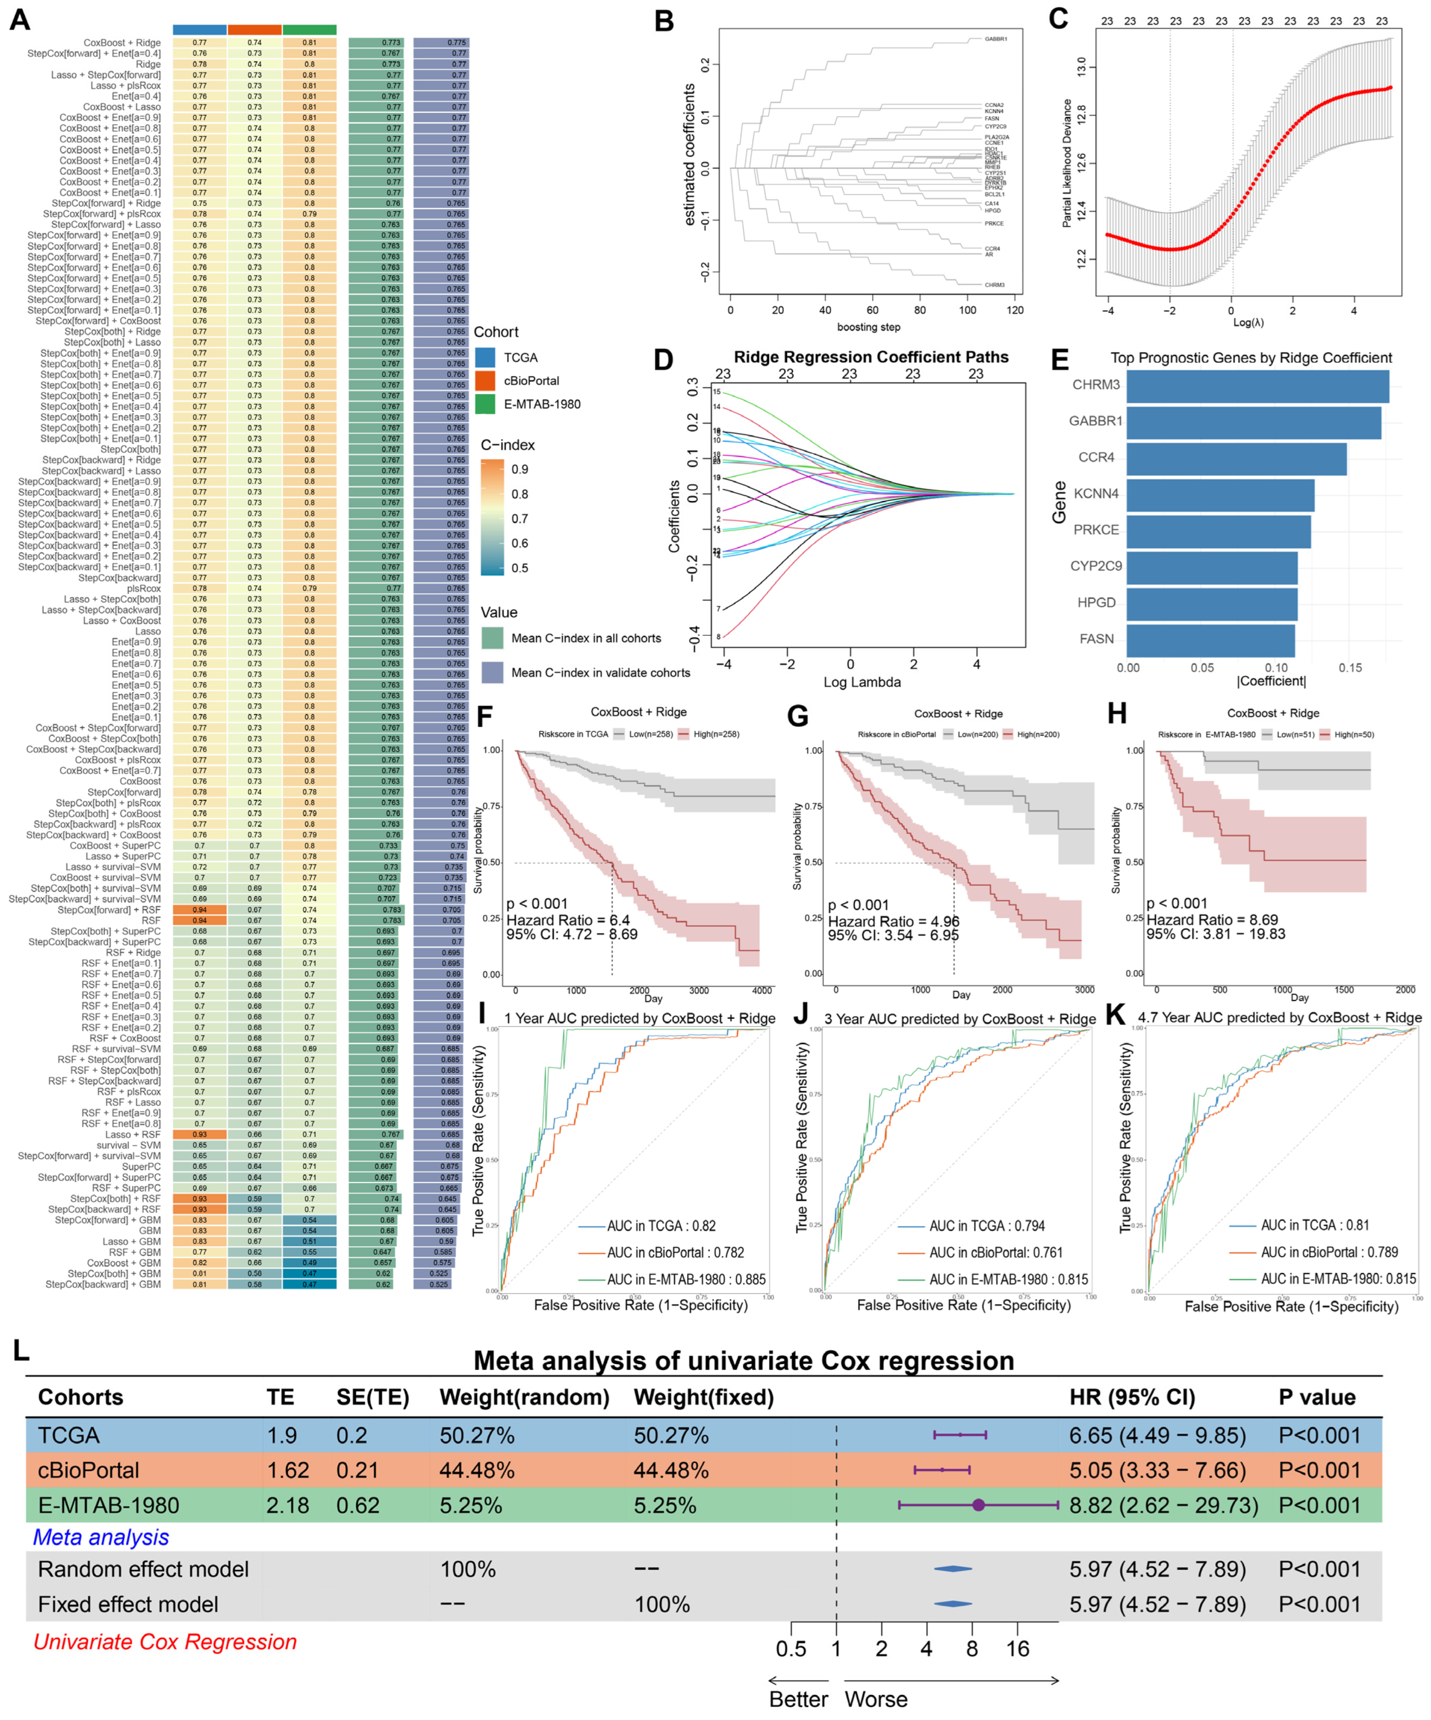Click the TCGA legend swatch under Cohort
[x=485, y=357]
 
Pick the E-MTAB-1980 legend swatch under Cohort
[x=485, y=404]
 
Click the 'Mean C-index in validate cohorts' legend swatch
[x=492, y=672]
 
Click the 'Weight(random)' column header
[x=524, y=1397]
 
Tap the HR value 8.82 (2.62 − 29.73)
[x=1163, y=1506]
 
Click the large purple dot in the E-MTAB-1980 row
[x=978, y=1505]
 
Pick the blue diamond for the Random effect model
[x=953, y=1569]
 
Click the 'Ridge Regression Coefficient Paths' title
[x=871, y=357]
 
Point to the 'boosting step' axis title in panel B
[x=868, y=327]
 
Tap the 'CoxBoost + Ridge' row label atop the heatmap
[x=122, y=43]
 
